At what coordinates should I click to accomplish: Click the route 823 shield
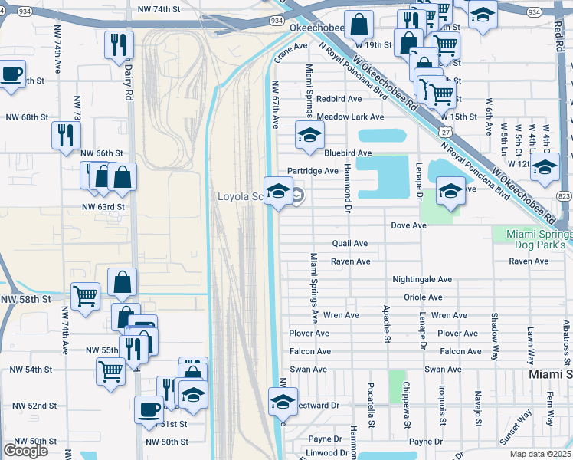tap(565, 196)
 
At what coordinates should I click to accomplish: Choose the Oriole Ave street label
tap(424, 297)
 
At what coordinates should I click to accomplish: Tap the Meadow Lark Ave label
tap(350, 117)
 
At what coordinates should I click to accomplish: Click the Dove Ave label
tap(408, 225)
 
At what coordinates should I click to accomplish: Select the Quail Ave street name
tap(350, 244)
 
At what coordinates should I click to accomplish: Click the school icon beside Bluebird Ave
tap(309, 136)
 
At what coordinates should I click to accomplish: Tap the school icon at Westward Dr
tap(282, 401)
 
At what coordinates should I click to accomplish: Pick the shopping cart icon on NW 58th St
tap(85, 296)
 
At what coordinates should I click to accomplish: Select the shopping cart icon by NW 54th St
tap(110, 372)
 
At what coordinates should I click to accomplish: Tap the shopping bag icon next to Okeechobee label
tap(358, 25)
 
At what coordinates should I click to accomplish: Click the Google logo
tap(25, 450)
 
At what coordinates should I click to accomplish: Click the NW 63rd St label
tap(103, 207)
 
